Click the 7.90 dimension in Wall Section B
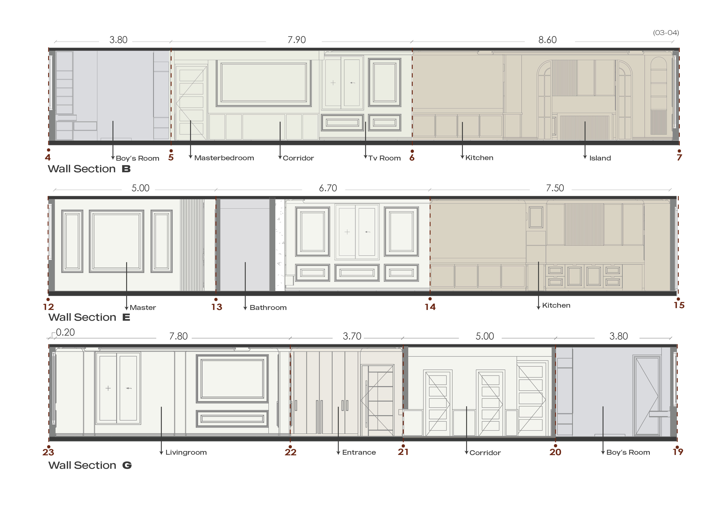[x=297, y=40]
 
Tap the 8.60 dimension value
[x=547, y=40]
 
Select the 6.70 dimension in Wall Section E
[x=328, y=188]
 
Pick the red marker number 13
[x=217, y=307]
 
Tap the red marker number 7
[x=679, y=157]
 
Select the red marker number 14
[x=430, y=307]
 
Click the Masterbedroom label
[x=224, y=158]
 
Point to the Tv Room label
[x=385, y=158]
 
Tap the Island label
[x=600, y=158]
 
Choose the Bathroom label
[x=268, y=307]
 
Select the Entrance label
[x=359, y=452]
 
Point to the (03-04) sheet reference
[x=666, y=33]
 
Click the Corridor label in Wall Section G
[x=485, y=453]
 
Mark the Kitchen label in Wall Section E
[x=556, y=305]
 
